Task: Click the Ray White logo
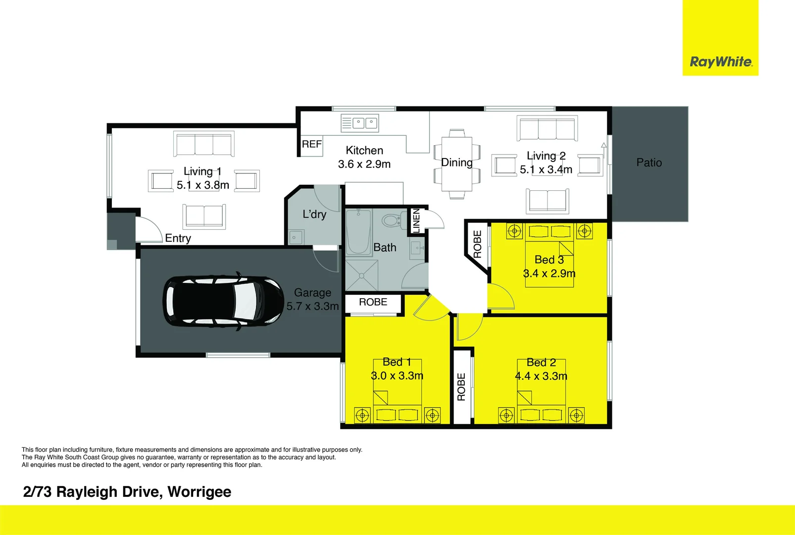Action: point(721,62)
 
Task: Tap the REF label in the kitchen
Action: point(312,144)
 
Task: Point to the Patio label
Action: point(649,162)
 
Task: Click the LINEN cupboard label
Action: point(416,221)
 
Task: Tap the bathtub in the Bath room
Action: point(358,232)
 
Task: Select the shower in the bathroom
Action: point(361,275)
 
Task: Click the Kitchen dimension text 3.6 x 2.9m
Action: point(364,164)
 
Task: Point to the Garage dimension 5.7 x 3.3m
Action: point(312,306)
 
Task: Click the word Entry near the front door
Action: point(178,238)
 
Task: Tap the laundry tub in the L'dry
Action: point(296,237)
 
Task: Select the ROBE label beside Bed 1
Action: point(373,302)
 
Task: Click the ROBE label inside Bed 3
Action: point(477,244)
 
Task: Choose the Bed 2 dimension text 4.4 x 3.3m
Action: point(541,376)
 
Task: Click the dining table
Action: point(457,163)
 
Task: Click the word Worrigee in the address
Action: point(199,492)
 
